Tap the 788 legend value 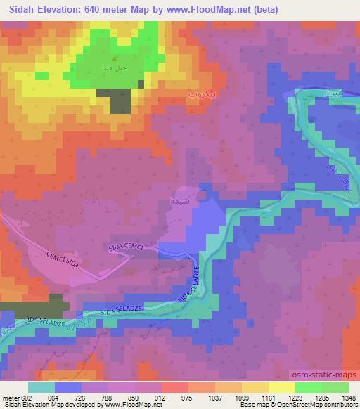point(105,397)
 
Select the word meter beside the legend point(11,397)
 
